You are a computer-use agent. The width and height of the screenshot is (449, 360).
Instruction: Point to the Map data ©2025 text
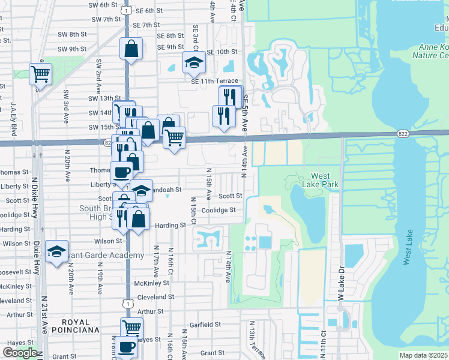point(423,355)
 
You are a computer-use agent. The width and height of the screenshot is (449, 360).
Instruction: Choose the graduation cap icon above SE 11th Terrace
point(194,61)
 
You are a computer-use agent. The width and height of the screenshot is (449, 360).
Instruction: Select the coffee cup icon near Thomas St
point(122,172)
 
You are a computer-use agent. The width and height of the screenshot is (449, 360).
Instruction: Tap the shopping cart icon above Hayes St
point(131,328)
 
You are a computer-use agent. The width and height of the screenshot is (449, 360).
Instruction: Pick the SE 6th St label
point(149,11)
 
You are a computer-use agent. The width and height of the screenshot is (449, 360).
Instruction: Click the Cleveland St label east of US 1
point(155,297)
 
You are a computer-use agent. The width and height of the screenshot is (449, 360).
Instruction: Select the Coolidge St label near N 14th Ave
point(218,210)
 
